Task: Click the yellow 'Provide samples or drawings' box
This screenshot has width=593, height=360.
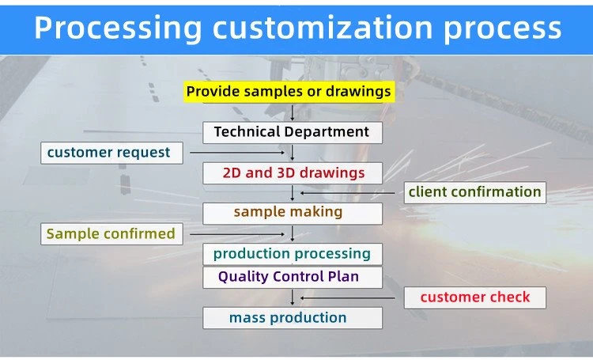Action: pos(289,92)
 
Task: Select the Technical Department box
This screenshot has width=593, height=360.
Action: pos(293,132)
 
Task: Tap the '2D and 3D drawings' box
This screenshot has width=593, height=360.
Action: pos(293,173)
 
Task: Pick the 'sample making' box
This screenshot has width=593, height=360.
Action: pos(293,214)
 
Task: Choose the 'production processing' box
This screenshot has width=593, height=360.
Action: pos(293,254)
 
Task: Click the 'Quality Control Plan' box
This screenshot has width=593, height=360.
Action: pos(293,278)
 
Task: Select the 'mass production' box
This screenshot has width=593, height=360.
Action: pos(293,318)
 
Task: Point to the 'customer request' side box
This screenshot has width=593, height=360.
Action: pos(111,153)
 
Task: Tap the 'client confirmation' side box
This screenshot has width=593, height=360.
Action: pos(475,193)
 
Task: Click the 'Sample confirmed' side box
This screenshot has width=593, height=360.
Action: pos(111,234)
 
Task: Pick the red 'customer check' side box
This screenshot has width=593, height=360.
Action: pos(475,297)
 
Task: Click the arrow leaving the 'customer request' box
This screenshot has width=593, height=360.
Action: pos(237,153)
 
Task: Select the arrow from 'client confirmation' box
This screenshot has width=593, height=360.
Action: pos(348,193)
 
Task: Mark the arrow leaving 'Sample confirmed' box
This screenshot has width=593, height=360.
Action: pos(237,234)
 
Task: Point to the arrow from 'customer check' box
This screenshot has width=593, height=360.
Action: pos(348,298)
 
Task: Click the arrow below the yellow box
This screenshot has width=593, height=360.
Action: pos(292,112)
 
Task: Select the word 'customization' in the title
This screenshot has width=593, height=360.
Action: pos(323,27)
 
